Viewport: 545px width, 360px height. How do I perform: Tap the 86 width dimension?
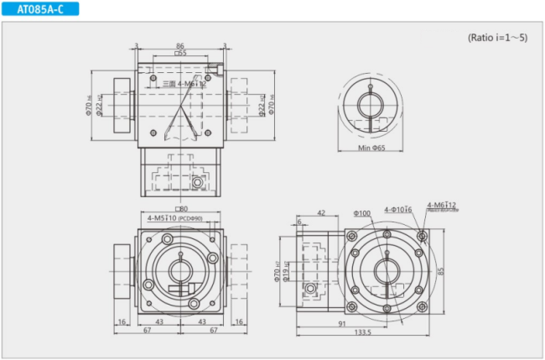pyautogui.click(x=180, y=45)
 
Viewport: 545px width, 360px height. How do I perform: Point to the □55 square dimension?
pyautogui.click(x=180, y=54)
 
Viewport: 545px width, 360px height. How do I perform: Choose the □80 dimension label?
pyautogui.click(x=180, y=209)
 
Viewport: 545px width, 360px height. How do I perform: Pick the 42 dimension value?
pyautogui.click(x=321, y=213)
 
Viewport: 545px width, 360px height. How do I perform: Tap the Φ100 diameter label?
pyautogui.click(x=362, y=212)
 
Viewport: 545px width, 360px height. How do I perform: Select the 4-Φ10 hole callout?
pyautogui.click(x=397, y=210)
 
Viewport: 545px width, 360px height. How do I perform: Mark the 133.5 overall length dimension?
pyautogui.click(x=362, y=333)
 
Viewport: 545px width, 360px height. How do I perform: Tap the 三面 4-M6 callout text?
pyautogui.click(x=183, y=84)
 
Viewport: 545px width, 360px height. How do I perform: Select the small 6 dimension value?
pyautogui.click(x=299, y=222)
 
